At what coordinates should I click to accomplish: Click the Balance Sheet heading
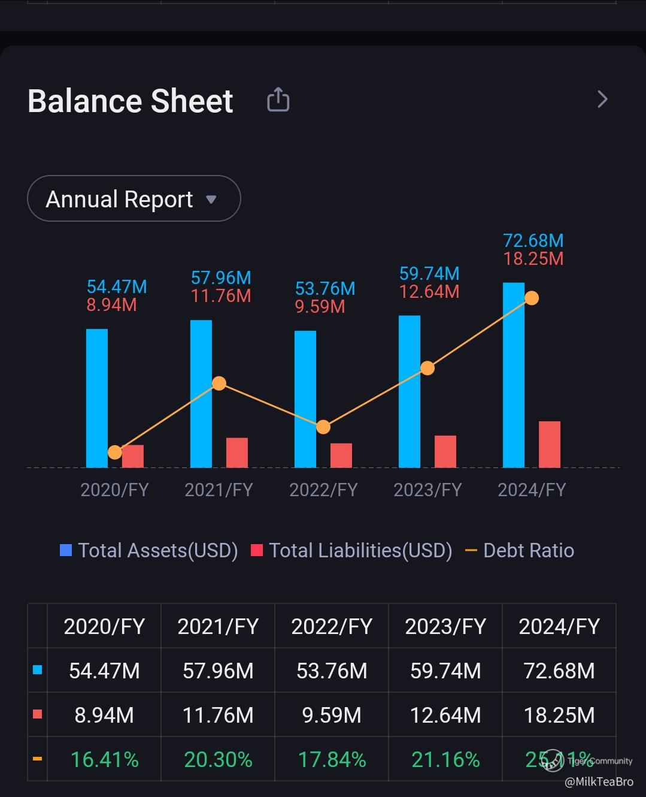tap(130, 101)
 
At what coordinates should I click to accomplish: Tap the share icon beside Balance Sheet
tap(278, 99)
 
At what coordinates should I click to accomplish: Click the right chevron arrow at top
tap(602, 99)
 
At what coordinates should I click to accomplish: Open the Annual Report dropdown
tap(134, 199)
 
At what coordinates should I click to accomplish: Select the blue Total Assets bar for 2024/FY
tap(513, 375)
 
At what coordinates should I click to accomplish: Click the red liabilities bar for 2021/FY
tap(236, 452)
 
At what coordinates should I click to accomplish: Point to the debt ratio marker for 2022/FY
tap(323, 427)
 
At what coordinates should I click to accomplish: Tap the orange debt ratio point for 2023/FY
tap(427, 368)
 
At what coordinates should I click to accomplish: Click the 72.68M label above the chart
tap(533, 241)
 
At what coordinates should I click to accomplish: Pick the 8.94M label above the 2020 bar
tap(111, 305)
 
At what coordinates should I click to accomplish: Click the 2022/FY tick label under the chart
tap(323, 490)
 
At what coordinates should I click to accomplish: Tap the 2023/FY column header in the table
tap(445, 626)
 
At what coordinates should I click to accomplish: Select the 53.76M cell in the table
tap(331, 671)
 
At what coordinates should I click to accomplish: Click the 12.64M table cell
tap(445, 715)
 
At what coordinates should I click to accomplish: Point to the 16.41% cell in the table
tap(104, 759)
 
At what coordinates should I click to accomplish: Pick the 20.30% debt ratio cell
tap(217, 759)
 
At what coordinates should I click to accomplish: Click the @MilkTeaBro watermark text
tap(599, 782)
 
